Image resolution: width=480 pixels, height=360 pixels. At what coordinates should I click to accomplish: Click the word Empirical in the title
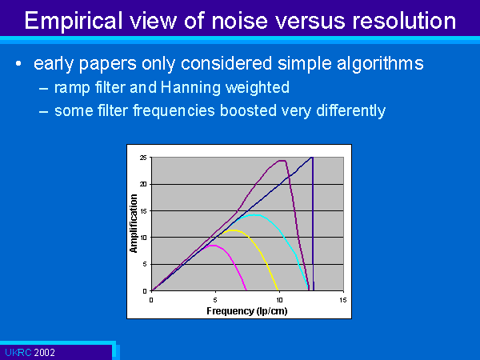click(73, 21)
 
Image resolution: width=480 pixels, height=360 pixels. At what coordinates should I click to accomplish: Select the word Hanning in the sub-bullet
click(190, 87)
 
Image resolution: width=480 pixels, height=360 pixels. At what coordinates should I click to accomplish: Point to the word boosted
click(248, 110)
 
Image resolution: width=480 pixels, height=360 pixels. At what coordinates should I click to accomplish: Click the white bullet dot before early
click(18, 64)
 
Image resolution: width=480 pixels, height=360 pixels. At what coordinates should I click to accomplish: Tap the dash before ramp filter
click(43, 89)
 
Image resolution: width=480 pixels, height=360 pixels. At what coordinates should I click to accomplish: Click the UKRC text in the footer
click(18, 352)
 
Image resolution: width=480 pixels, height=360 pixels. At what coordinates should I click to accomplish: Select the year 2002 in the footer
click(44, 352)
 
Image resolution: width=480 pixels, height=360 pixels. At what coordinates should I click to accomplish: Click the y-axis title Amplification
click(134, 224)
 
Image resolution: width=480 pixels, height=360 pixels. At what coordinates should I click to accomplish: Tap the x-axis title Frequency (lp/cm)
click(247, 311)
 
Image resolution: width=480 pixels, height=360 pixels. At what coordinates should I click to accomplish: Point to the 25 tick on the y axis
click(143, 158)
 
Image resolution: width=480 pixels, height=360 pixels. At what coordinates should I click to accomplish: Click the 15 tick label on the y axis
click(143, 211)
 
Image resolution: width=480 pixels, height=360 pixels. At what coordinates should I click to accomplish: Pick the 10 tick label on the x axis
click(279, 300)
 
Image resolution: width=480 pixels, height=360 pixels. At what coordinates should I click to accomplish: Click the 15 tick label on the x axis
click(343, 300)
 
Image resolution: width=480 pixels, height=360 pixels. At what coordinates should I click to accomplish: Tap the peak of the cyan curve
click(254, 215)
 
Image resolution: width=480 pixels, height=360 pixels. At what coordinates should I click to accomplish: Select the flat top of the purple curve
click(282, 161)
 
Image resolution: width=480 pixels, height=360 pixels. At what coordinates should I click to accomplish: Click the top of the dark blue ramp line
click(311, 158)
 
